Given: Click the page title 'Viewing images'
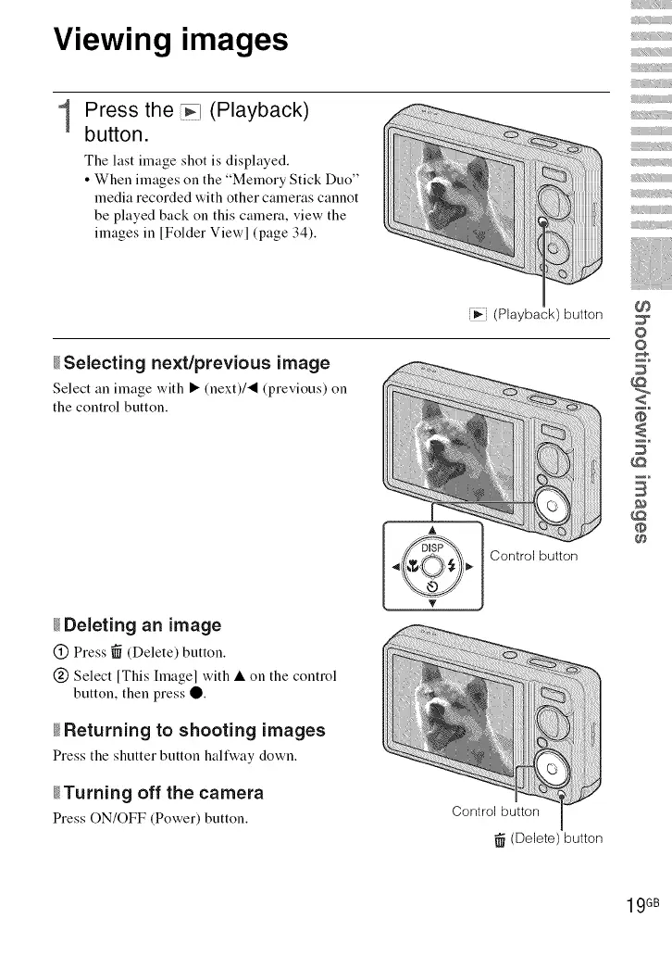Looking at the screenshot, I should [x=171, y=41].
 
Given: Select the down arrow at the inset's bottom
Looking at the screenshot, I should [x=432, y=603].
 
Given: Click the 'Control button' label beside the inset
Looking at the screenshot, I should [x=533, y=556].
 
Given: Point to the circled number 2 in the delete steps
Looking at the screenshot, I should [x=60, y=674].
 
